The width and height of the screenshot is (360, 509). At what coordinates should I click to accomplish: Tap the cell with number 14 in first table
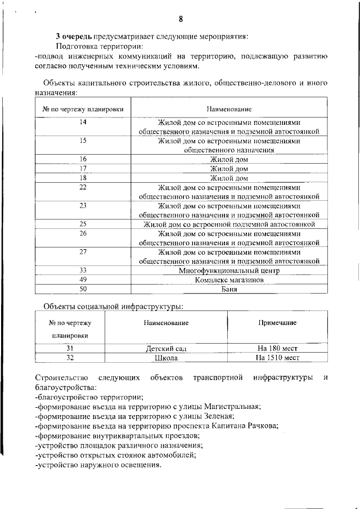(83, 123)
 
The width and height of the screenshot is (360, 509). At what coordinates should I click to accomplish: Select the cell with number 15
(83, 141)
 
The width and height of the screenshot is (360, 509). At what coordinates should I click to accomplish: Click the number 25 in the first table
(83, 224)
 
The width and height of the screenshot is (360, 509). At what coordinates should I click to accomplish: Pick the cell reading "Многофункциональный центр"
(229, 270)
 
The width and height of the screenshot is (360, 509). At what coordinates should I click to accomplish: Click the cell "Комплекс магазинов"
(229, 280)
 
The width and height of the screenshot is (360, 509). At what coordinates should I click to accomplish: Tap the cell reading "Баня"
(229, 289)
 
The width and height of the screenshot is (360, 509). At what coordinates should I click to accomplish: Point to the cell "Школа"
(166, 358)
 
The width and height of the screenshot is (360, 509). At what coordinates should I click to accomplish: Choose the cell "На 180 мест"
(277, 349)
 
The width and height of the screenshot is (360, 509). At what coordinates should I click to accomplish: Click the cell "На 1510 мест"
(277, 358)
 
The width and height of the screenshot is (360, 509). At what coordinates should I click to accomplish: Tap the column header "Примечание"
(277, 323)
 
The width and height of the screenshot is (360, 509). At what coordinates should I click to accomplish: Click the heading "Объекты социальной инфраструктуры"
(114, 307)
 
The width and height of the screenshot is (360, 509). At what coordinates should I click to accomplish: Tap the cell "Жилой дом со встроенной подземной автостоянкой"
(229, 224)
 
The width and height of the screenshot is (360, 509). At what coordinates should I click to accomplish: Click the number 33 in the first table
(83, 270)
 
